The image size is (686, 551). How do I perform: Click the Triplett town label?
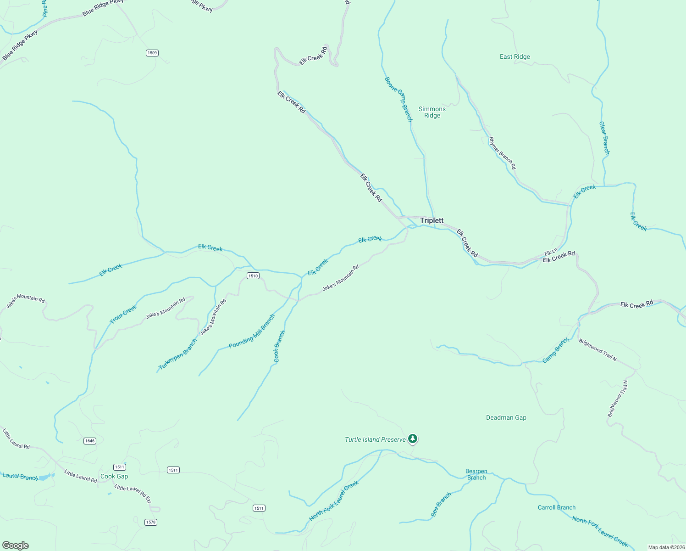(432, 220)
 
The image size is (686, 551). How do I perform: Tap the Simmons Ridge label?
(432, 112)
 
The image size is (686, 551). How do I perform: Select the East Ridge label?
(514, 56)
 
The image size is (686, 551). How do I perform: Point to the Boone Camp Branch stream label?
(398, 99)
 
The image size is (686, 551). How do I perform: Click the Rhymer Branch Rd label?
(502, 153)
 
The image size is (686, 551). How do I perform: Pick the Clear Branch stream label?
(604, 138)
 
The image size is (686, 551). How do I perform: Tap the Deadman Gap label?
(506, 417)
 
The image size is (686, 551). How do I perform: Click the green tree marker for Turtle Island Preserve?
(413, 439)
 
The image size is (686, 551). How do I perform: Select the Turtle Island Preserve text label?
(375, 439)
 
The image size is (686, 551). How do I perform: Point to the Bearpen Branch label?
(476, 474)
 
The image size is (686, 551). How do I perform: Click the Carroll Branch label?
(556, 507)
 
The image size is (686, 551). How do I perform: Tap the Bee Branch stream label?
(441, 504)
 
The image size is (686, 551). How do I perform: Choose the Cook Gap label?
(114, 476)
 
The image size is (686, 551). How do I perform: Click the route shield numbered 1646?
(90, 441)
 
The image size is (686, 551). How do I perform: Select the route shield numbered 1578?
(150, 522)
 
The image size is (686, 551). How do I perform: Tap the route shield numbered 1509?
(152, 53)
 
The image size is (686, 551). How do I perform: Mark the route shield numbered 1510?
(253, 275)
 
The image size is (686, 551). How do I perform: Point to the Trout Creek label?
(123, 314)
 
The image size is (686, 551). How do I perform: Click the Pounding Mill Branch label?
(252, 331)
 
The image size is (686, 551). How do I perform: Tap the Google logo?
(15, 545)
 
